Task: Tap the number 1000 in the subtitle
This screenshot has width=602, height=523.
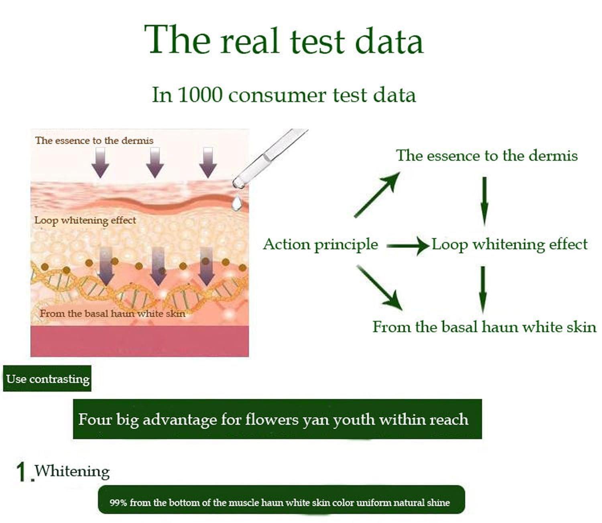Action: [x=200, y=95]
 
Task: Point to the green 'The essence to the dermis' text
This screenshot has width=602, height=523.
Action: [x=487, y=155]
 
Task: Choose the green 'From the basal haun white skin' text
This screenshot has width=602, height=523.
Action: [x=484, y=327]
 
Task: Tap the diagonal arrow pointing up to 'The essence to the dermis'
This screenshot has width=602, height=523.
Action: [x=377, y=195]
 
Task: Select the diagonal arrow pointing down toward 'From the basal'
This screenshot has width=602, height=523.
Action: [x=380, y=288]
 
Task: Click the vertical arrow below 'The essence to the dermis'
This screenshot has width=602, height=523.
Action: [x=484, y=201]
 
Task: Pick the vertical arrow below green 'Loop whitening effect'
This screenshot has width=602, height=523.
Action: [x=483, y=289]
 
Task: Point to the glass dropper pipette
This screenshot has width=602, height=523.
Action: [x=270, y=158]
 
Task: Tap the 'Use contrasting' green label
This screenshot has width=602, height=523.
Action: [x=47, y=379]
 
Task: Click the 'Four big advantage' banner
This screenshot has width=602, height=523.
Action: [x=277, y=419]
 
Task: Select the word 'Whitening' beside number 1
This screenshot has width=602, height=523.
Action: [x=72, y=471]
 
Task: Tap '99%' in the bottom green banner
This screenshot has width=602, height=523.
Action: [x=118, y=503]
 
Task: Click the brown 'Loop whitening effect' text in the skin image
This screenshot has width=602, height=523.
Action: [x=85, y=221]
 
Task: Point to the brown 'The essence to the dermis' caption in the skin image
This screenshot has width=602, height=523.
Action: [x=94, y=140]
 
